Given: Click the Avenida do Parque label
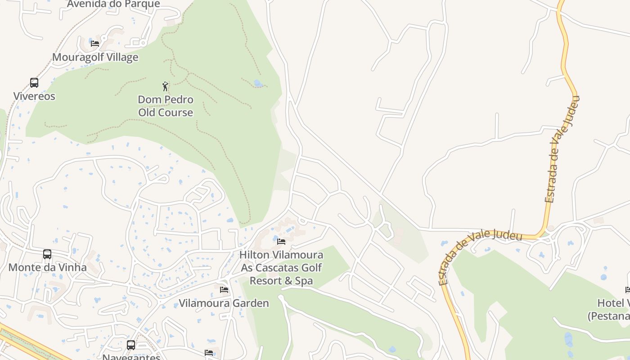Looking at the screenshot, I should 113,4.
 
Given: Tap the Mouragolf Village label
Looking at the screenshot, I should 95,57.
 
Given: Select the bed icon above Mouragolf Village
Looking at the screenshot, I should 94,44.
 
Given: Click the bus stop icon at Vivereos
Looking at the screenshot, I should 34,82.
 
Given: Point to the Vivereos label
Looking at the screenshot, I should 34,96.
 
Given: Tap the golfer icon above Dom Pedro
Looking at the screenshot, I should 165,86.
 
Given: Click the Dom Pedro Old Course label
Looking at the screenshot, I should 166,106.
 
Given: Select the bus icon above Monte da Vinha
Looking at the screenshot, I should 47,254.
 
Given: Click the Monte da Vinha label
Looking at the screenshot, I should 47,267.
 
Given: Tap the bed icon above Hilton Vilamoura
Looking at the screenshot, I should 281,242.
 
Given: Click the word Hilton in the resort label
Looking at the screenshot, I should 254,255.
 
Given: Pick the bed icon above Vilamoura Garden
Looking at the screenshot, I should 224,290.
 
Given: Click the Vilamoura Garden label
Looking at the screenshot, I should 224,303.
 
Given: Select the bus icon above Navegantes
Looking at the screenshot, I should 131,345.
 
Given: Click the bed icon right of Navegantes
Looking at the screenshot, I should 208,352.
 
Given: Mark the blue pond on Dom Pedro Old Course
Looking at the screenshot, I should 258,83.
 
